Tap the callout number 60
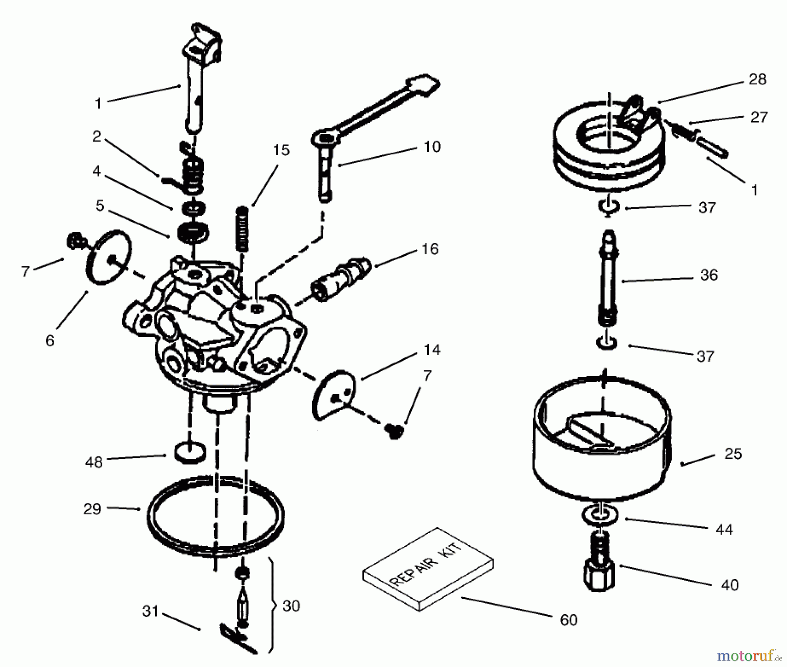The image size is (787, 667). (x=568, y=620)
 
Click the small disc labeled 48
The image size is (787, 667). (x=190, y=452)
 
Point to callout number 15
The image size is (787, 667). (x=281, y=150)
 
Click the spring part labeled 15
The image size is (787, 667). (x=242, y=229)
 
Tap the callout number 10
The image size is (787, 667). (x=432, y=147)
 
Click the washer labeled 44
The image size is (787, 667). (x=600, y=515)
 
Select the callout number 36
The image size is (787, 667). (x=709, y=275)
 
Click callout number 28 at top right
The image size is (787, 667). (x=757, y=80)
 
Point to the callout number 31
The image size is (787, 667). (x=150, y=611)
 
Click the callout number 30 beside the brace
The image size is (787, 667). (x=291, y=606)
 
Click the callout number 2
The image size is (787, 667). (x=97, y=136)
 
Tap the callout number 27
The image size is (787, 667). (x=759, y=117)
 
